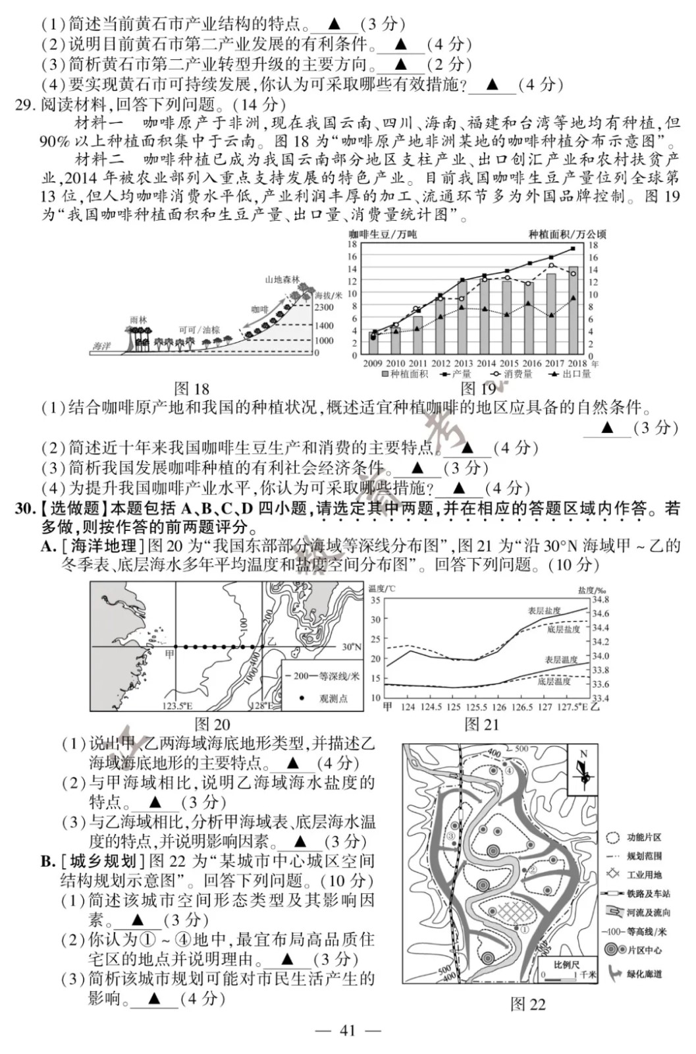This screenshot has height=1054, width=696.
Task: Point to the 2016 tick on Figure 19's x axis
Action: click(x=531, y=364)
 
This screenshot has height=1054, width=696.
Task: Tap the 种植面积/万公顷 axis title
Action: click(x=567, y=234)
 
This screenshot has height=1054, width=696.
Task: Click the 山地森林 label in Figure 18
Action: click(x=282, y=279)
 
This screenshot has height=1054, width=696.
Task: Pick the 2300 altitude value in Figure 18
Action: click(x=324, y=308)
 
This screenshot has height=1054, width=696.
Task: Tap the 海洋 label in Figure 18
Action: click(x=101, y=346)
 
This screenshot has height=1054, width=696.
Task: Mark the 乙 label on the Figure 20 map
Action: click(x=271, y=640)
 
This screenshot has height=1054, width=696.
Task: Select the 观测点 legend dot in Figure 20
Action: click(x=301, y=698)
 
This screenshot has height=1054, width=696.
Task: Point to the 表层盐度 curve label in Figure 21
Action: click(x=544, y=611)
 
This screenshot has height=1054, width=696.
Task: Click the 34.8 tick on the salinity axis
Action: click(x=601, y=599)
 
